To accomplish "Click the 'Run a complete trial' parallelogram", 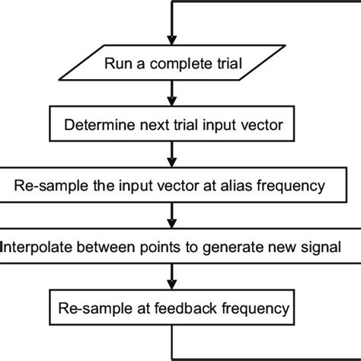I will click(x=173, y=63).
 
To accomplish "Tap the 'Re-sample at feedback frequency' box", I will click(x=173, y=308).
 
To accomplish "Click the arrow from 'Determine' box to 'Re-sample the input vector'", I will click(x=173, y=155).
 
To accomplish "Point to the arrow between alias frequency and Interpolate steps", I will click(x=173, y=216).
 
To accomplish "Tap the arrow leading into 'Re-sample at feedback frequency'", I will click(x=173, y=277).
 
